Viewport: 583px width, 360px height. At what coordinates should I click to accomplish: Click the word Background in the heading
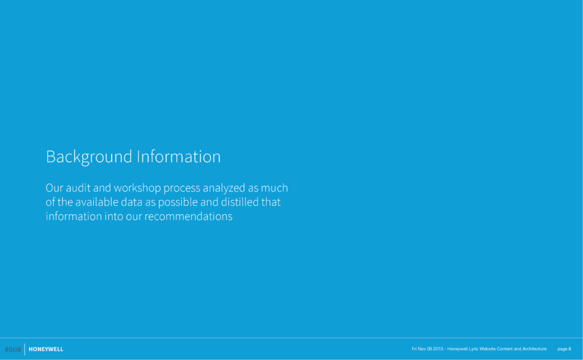coord(89,157)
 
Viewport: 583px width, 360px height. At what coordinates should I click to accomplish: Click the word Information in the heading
coord(179,156)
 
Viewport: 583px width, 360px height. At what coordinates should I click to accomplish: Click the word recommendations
coord(188,216)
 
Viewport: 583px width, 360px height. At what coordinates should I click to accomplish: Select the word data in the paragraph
coord(132,202)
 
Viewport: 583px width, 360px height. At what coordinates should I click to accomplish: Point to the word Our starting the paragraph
coord(55,188)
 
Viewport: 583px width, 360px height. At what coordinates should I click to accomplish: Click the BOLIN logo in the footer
coord(13,349)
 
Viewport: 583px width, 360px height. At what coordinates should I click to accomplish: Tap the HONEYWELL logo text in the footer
coord(46,349)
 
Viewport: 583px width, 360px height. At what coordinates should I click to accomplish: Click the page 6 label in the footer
coord(564,349)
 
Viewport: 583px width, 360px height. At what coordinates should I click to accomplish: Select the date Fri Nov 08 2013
coord(427,349)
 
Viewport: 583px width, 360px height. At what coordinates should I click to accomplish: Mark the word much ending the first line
coord(274,188)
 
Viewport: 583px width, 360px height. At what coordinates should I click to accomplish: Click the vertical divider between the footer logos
coord(24,349)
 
